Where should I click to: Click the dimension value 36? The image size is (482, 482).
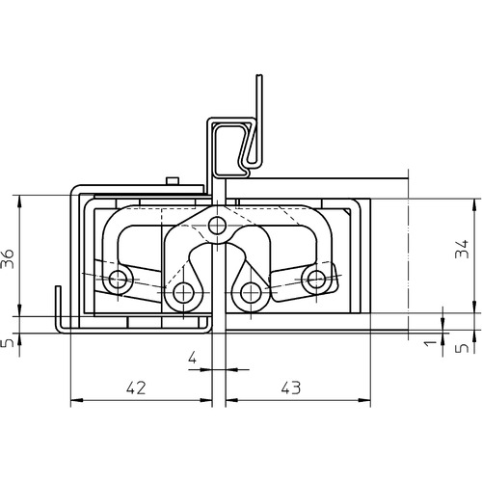click(8, 258)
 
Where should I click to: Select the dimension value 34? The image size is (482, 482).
click(462, 249)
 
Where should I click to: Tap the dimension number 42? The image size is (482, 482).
click(136, 388)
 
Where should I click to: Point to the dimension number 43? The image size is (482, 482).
click(291, 388)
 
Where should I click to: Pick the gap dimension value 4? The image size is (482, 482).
click(192, 357)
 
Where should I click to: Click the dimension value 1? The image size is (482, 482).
click(430, 343)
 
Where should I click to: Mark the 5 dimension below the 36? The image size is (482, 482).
click(8, 343)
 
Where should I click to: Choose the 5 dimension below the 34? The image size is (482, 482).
click(463, 348)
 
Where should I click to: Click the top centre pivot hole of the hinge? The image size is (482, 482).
click(217, 226)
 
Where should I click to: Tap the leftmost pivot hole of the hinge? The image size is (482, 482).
click(118, 279)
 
